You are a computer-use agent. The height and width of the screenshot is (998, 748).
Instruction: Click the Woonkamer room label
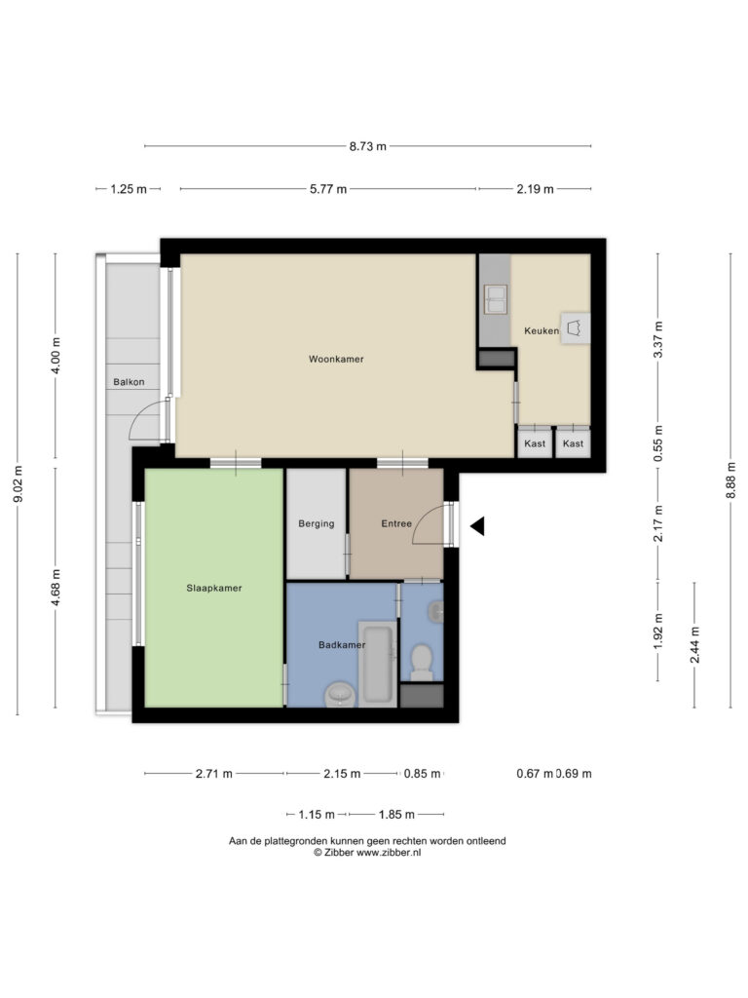pyautogui.click(x=336, y=359)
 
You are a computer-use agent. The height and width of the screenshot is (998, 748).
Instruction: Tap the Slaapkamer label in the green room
pyautogui.click(x=213, y=588)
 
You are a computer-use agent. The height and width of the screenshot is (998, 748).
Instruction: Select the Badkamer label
pyautogui.click(x=342, y=645)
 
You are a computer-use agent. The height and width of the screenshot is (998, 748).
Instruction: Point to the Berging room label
pyautogui.click(x=317, y=523)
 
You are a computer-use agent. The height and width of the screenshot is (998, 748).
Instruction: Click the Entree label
pyautogui.click(x=396, y=523)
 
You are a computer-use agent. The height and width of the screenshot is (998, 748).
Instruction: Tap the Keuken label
pyautogui.click(x=542, y=331)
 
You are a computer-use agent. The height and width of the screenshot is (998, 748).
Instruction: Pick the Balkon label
pyautogui.click(x=129, y=382)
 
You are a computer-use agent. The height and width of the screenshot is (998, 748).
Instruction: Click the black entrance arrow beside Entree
pyautogui.click(x=477, y=526)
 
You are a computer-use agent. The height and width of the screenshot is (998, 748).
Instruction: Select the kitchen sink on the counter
pyautogui.click(x=496, y=299)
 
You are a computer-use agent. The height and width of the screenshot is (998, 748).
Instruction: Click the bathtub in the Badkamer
pyautogui.click(x=377, y=663)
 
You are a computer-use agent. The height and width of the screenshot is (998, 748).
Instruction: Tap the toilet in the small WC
pyautogui.click(x=421, y=660)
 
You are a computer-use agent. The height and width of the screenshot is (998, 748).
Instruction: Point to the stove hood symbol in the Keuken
pyautogui.click(x=575, y=328)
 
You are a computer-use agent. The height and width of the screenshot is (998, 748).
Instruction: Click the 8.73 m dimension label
pyautogui.click(x=367, y=146)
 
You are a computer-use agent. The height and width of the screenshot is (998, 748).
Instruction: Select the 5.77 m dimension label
pyautogui.click(x=328, y=189)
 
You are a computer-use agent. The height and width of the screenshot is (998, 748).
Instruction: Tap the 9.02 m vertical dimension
pyautogui.click(x=19, y=483)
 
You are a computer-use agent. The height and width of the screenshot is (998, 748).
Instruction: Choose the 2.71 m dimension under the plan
pyautogui.click(x=213, y=774)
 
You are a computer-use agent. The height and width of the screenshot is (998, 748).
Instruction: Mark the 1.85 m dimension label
pyautogui.click(x=396, y=815)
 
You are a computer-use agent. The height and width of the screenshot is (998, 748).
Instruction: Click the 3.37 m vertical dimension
pyautogui.click(x=658, y=339)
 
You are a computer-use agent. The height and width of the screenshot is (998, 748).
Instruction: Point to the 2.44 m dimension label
pyautogui.click(x=695, y=645)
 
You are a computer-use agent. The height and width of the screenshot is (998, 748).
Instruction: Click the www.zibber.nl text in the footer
pyautogui.click(x=389, y=853)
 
